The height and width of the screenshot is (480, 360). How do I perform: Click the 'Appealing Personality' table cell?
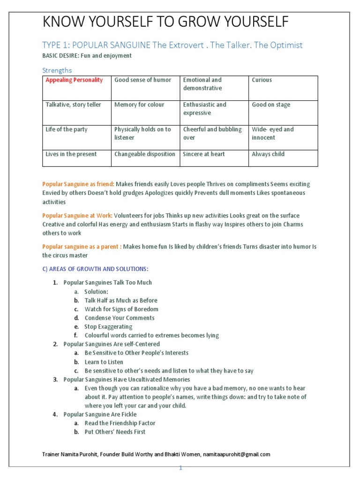tap(74, 80)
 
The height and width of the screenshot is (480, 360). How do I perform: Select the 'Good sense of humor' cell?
tap(143, 80)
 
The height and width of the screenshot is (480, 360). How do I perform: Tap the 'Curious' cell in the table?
tap(262, 80)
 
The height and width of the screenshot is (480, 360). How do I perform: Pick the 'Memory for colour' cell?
tap(139, 105)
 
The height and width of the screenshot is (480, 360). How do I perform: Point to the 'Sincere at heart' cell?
tap(204, 154)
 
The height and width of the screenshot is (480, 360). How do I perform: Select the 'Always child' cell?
tap(268, 154)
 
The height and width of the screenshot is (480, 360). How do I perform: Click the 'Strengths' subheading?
tap(57, 70)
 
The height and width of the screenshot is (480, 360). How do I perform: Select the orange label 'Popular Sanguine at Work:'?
tap(77, 216)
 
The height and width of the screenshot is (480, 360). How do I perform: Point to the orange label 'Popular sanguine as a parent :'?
tap(82, 247)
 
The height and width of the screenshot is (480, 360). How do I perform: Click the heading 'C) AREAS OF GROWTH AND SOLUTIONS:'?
tap(95, 269)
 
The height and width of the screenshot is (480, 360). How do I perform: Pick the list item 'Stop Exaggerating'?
tap(108, 327)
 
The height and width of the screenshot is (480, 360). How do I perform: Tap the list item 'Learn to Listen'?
tap(104, 362)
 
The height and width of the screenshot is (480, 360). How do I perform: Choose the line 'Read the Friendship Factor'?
tap(115, 423)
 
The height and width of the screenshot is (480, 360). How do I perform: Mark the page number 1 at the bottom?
tap(180, 468)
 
